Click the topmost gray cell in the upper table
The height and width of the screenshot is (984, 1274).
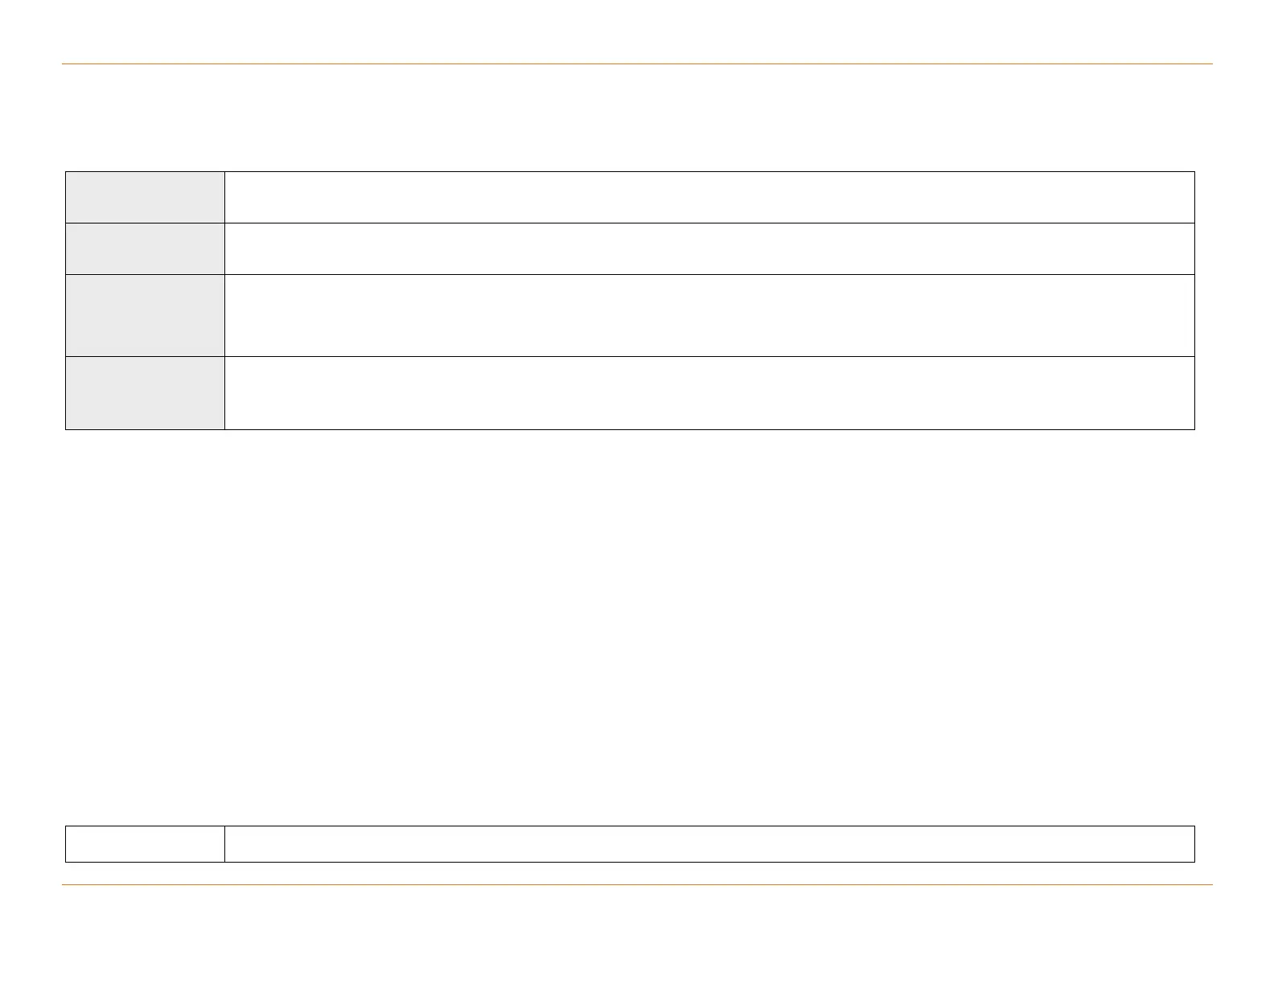click(145, 197)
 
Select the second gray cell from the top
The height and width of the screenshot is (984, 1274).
click(145, 248)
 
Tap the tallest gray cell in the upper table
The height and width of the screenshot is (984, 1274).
click(145, 315)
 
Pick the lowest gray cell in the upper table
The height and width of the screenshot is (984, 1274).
click(145, 392)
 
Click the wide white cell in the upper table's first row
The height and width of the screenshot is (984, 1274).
click(709, 197)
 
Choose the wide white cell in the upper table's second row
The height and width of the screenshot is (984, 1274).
click(709, 248)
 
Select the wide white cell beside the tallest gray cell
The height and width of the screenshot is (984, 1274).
click(709, 315)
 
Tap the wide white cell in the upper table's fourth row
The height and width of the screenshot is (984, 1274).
click(709, 392)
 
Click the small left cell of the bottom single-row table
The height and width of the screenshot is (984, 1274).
click(145, 843)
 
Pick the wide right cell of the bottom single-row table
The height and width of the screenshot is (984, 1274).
click(709, 843)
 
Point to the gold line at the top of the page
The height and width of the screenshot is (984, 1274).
click(637, 64)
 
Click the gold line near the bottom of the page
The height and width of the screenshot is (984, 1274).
click(637, 885)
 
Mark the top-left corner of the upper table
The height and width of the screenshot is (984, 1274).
click(66, 171)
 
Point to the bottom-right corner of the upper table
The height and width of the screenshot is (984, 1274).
click(1194, 429)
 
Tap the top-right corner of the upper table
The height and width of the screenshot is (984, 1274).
click(1194, 171)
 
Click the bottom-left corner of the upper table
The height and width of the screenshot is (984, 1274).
click(66, 429)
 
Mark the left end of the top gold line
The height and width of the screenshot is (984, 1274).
click(63, 64)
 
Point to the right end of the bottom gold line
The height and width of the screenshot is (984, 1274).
click(1211, 885)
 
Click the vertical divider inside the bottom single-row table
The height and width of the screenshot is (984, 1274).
click(224, 843)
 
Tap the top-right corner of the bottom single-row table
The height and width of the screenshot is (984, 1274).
click(1194, 826)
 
